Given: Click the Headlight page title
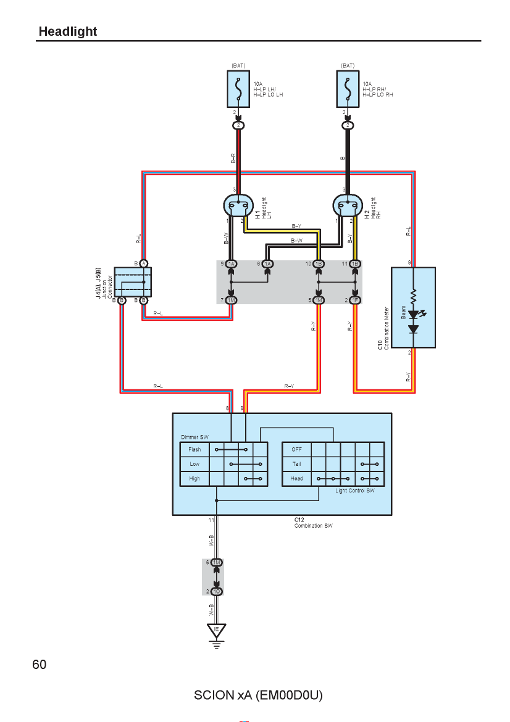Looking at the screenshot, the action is pos(68,31).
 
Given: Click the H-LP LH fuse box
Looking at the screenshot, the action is pos(239,89).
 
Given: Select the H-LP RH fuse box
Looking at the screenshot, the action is pos(348,89).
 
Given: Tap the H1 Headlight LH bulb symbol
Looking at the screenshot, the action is pos(238,205).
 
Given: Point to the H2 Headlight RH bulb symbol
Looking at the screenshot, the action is pos(348,205).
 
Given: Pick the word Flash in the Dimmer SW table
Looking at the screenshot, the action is pos(194,449).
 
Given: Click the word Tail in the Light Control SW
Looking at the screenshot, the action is pos(297,464).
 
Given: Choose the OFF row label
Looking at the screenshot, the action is pos(297,449).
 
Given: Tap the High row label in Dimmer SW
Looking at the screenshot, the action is pos(194,478).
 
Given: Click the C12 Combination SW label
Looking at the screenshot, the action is pos(313,523).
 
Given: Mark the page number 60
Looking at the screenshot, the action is pos(39,665).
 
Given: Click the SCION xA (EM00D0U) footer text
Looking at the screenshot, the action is pos(258,695).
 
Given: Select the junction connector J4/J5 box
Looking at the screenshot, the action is pos(133,282).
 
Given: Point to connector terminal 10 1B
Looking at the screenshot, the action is pos(319,264).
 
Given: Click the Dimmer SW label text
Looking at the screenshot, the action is pos(194,437).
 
